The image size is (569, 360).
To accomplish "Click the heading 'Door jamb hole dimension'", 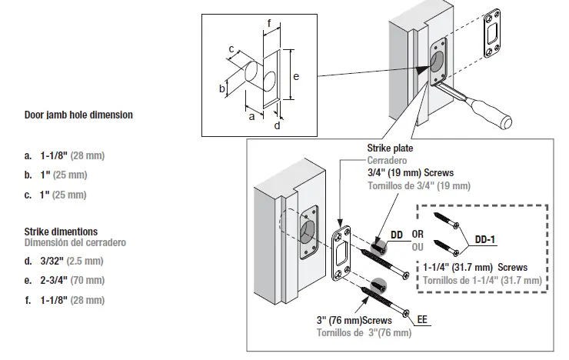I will (x=78, y=115).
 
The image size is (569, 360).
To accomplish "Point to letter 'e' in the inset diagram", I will (x=296, y=76).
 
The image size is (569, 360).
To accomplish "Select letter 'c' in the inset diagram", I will (x=231, y=49).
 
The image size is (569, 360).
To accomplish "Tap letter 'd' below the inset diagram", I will (x=277, y=125).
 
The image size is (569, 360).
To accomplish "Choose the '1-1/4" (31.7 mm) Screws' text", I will (x=475, y=267).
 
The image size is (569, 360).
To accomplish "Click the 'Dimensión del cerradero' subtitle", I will (x=75, y=242).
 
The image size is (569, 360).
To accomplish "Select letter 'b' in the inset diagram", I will (x=222, y=88).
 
